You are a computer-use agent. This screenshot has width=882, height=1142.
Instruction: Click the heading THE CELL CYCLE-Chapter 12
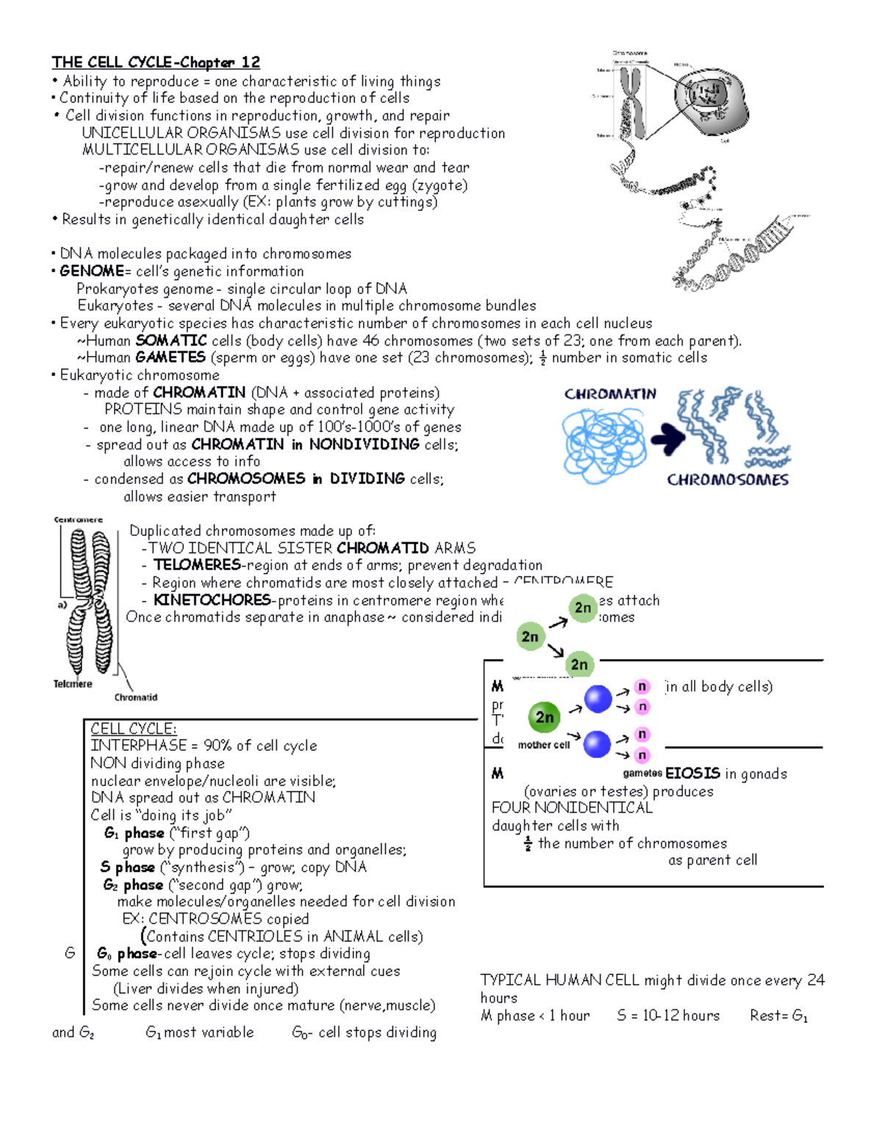[x=155, y=63]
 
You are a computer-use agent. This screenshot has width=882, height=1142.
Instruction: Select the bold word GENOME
[x=91, y=271]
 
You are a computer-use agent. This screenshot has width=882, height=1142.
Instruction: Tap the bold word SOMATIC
[x=171, y=340]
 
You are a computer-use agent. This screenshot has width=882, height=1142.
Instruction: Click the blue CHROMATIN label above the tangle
[x=610, y=394]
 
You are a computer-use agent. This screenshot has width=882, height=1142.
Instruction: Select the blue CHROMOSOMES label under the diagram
[x=727, y=480]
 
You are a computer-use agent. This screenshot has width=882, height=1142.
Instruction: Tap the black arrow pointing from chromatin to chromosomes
[x=667, y=439]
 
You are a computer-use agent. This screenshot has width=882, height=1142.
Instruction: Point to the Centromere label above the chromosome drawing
[x=78, y=520]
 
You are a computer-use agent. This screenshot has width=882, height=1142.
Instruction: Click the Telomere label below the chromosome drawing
[x=73, y=684]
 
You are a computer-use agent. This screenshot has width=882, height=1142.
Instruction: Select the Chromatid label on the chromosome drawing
[x=135, y=697]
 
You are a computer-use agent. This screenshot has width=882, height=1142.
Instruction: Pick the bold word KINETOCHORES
[x=212, y=600]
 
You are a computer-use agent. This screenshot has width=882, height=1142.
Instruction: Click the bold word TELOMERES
[x=196, y=565]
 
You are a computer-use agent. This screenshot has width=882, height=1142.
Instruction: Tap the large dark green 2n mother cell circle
[x=544, y=717]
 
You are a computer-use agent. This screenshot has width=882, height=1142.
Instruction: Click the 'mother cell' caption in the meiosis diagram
[x=543, y=745]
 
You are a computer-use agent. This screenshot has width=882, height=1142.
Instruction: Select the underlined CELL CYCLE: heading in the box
[x=133, y=729]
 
